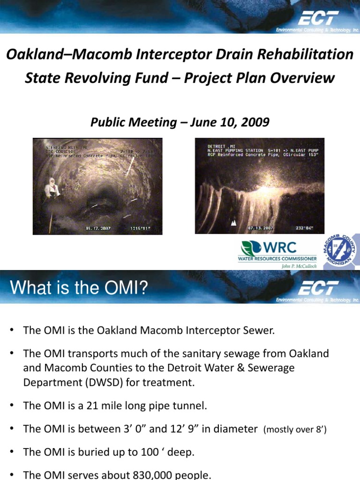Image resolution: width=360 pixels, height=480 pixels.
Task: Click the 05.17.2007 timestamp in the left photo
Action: coord(98,229)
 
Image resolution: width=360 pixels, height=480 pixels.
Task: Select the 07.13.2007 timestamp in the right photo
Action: coord(261,228)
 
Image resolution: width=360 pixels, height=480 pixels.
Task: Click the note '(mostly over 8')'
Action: coord(295,429)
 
